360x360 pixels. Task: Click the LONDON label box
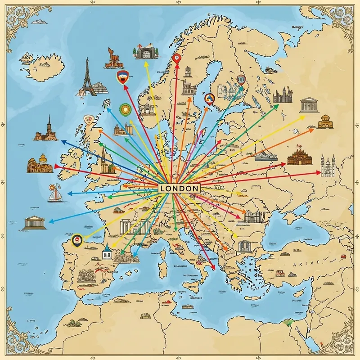tap(179, 188)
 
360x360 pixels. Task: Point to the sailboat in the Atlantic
tap(55, 193)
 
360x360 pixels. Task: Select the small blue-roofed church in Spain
tap(107, 253)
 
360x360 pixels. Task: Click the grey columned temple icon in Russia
tap(309, 104)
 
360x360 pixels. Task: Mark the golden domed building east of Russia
tap(325, 121)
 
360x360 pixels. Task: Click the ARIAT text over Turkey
tap(306, 264)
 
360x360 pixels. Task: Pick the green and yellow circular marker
tap(125, 109)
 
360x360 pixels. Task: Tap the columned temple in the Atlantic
tap(35, 222)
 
